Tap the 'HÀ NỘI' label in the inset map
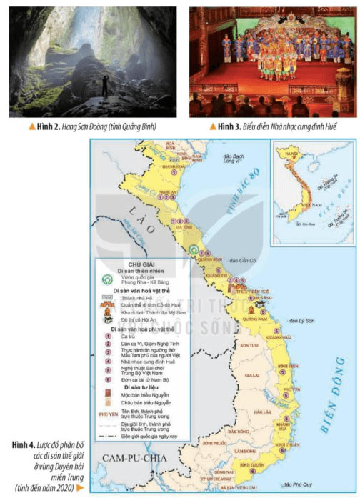click(x=291, y=154)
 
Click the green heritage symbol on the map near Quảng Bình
click(x=194, y=250)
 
